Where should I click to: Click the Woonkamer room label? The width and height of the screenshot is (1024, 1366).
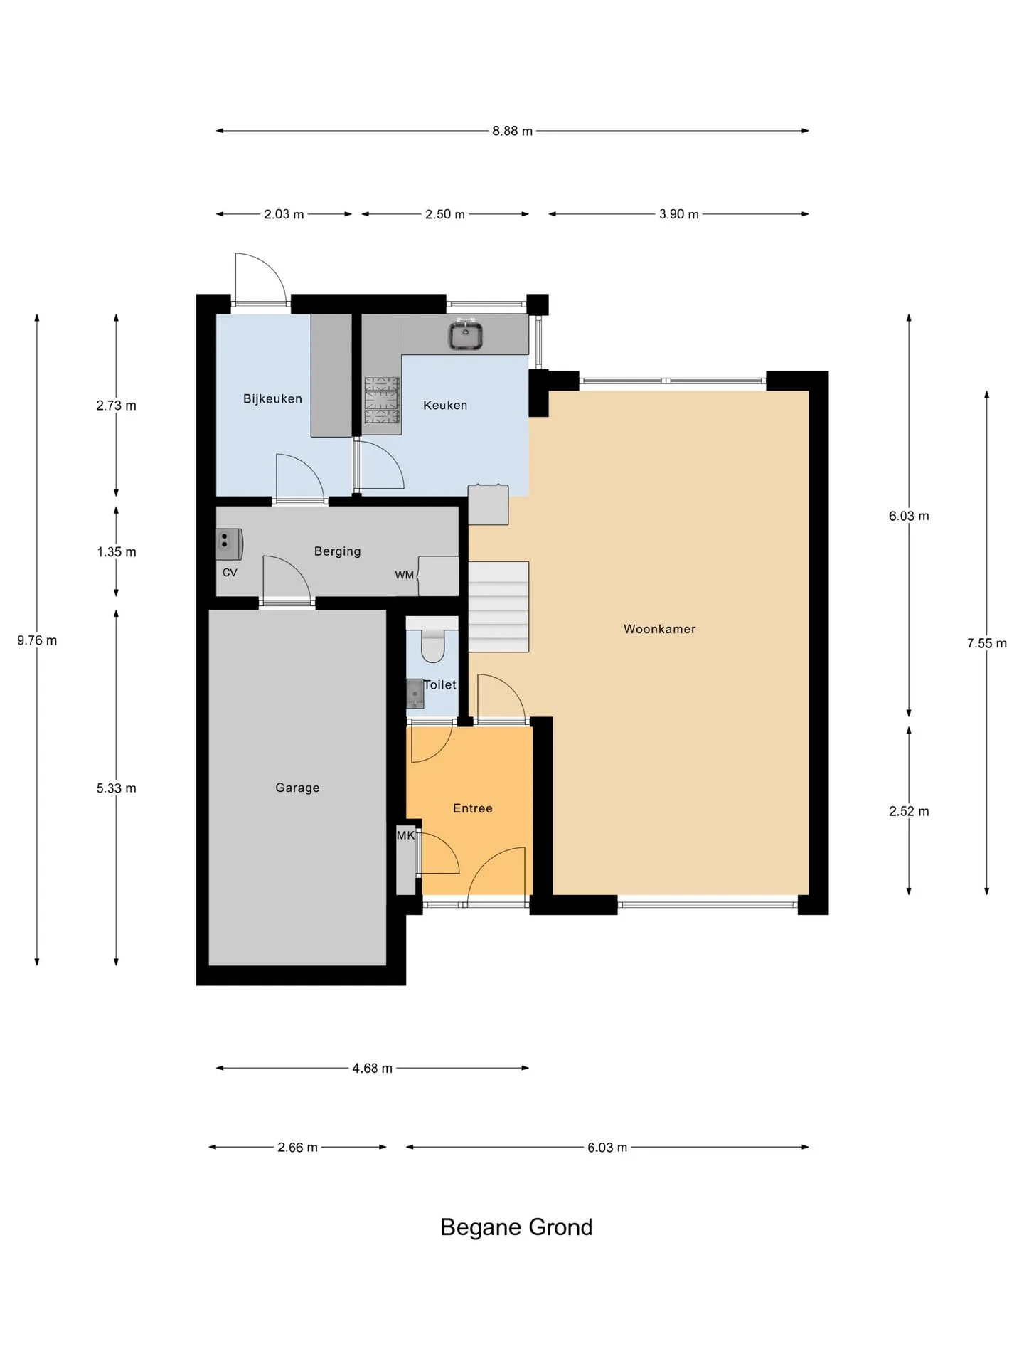[659, 629]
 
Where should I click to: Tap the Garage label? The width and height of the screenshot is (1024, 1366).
[297, 788]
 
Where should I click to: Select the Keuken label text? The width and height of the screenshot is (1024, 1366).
[445, 406]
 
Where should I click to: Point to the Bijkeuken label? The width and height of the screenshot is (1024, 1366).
[272, 399]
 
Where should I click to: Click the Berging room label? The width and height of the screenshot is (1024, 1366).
[337, 551]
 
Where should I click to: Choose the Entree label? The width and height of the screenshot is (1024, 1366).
[473, 808]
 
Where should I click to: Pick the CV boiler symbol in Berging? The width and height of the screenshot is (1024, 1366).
[229, 544]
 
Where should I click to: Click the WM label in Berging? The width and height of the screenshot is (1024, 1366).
[405, 575]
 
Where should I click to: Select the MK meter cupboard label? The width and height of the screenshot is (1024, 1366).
[405, 835]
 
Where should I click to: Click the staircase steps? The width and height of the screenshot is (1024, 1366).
[498, 607]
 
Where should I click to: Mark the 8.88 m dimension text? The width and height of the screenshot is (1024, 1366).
[512, 131]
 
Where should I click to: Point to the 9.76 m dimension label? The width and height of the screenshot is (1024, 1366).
[37, 640]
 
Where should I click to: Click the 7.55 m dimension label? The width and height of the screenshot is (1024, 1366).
[987, 643]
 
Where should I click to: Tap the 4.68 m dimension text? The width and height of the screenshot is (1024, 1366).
[372, 1068]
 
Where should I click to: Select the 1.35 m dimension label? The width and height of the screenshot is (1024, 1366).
[117, 552]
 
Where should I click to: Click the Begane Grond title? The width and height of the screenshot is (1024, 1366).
[516, 1227]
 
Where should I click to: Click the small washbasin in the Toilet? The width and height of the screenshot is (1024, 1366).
[415, 694]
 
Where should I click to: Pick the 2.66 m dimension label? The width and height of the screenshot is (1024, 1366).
[297, 1148]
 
